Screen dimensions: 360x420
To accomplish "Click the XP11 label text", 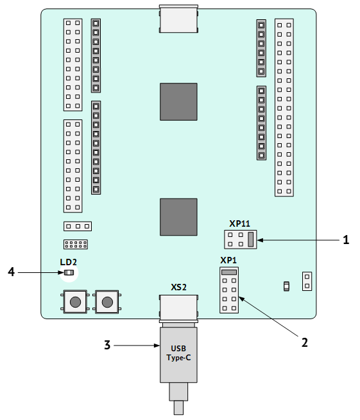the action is [239, 223].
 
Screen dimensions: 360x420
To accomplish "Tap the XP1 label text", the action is [228, 260].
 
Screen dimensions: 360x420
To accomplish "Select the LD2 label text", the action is [68, 262].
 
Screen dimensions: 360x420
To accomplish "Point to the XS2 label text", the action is [178, 287].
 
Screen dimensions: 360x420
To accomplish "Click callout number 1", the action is [346, 240].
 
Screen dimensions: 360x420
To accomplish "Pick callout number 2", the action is [305, 342].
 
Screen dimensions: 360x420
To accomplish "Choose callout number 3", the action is [107, 345].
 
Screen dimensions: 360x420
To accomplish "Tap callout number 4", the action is [11, 272].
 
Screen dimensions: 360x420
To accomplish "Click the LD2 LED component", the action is [69, 273].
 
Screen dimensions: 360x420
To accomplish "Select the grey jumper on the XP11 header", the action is [250, 239].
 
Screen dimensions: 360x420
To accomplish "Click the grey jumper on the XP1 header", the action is [229, 272].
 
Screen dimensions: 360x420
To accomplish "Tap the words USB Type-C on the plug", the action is [178, 353].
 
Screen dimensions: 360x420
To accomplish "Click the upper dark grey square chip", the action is [178, 101].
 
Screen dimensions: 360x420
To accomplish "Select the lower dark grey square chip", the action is [178, 217].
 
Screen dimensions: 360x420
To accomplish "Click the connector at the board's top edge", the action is [178, 19].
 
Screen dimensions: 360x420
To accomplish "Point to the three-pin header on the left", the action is [78, 226].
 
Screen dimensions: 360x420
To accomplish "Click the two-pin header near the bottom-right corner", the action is [307, 281].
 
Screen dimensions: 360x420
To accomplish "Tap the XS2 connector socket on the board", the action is [178, 308].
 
